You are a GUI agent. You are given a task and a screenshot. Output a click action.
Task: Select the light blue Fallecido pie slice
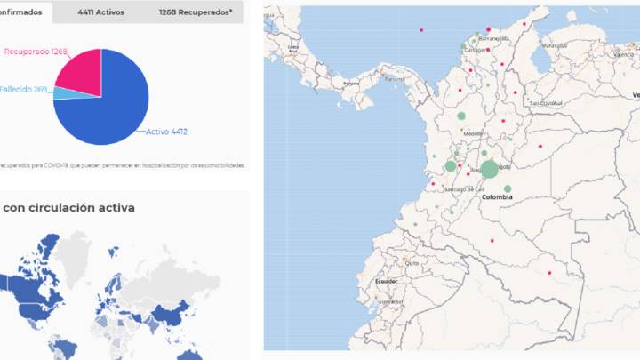(x=60, y=92)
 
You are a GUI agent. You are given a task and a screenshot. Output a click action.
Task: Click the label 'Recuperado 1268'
(x=36, y=52)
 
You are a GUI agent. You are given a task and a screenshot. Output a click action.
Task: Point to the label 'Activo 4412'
(x=166, y=132)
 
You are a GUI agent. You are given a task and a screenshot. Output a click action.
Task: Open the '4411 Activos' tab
(x=101, y=12)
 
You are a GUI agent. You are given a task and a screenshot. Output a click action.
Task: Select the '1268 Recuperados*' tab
(x=196, y=12)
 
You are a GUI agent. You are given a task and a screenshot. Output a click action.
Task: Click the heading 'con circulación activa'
(x=68, y=208)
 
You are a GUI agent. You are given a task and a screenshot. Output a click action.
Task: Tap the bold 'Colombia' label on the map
(x=497, y=197)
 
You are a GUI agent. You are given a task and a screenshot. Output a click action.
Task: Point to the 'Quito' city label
(x=412, y=263)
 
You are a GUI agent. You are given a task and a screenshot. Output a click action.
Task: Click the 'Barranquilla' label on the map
(x=494, y=39)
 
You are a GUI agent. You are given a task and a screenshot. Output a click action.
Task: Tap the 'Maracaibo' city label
(x=555, y=44)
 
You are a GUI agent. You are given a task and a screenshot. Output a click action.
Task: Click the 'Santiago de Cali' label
(x=464, y=189)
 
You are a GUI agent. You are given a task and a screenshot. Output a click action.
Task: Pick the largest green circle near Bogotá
(x=489, y=169)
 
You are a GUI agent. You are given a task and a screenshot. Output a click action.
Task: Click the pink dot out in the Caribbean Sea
(x=420, y=30)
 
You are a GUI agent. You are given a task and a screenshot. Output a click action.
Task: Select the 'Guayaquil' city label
(x=385, y=301)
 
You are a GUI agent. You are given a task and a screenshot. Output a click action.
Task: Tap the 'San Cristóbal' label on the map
(x=547, y=103)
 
